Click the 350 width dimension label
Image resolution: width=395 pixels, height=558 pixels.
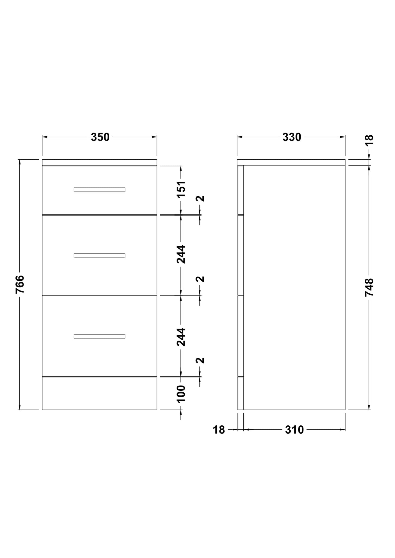(x=100, y=137)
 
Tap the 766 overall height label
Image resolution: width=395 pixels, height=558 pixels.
(x=20, y=284)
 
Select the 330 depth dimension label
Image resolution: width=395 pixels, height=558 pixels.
(x=292, y=137)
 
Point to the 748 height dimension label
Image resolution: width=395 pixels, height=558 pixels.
(x=369, y=287)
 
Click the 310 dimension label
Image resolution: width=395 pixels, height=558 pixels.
(x=294, y=430)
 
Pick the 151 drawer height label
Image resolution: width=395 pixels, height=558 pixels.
(x=181, y=189)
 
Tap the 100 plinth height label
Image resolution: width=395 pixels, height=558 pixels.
(x=181, y=394)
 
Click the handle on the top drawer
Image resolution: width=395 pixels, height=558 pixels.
(x=100, y=190)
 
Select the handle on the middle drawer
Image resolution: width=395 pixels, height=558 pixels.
(x=100, y=256)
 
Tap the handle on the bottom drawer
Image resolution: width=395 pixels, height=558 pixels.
(x=100, y=336)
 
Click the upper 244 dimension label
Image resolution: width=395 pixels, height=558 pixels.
(x=181, y=254)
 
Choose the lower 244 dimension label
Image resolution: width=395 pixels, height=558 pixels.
(x=181, y=337)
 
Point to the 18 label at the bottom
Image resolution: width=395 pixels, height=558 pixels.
(x=219, y=430)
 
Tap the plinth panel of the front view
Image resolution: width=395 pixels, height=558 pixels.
(x=100, y=393)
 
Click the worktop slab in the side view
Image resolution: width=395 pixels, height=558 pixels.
(x=291, y=162)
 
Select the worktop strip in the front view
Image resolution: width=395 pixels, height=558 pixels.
(x=100, y=162)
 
